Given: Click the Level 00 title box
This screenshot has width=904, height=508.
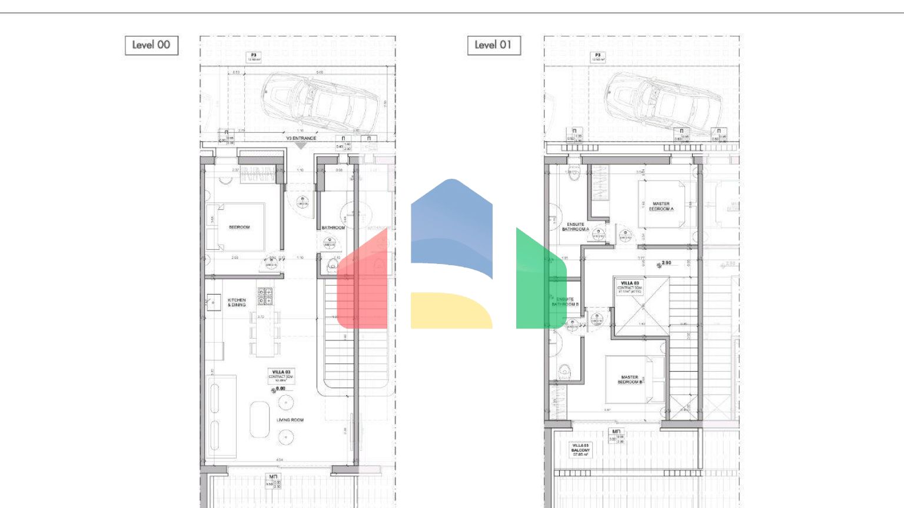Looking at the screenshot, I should [151, 45].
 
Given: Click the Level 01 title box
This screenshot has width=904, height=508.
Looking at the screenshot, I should [494, 45].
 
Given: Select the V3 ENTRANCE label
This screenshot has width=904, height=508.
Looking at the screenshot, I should [301, 138].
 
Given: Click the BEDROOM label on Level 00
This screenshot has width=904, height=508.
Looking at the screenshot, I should [239, 227].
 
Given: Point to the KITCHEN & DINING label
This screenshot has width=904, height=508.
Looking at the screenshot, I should [237, 302].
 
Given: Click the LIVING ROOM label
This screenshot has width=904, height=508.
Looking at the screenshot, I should [290, 420].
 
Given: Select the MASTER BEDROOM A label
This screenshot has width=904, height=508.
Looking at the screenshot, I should [661, 206].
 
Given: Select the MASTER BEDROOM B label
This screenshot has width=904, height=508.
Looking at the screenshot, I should [630, 379].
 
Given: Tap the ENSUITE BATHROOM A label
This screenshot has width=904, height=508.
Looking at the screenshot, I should [575, 226].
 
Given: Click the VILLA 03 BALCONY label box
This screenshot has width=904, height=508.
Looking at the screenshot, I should [580, 450].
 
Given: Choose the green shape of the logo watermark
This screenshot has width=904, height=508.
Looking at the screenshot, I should [539, 282].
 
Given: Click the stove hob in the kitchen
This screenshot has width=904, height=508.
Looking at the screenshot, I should [265, 296].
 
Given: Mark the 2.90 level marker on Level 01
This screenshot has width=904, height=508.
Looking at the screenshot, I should [666, 263].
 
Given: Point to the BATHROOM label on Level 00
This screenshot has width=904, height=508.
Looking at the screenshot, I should [333, 228].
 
